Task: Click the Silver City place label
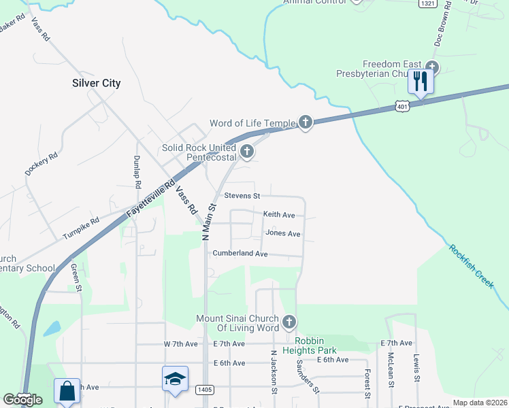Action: pyautogui.click(x=96, y=83)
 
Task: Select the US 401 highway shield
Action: pyautogui.click(x=403, y=106)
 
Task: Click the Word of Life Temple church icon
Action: pyautogui.click(x=305, y=122)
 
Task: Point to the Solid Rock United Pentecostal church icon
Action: pyautogui.click(x=246, y=151)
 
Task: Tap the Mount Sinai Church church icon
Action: pyautogui.click(x=289, y=321)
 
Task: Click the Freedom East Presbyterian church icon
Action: pyautogui.click(x=432, y=68)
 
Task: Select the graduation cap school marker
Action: pyautogui.click(x=175, y=379)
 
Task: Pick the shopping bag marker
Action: pyautogui.click(x=67, y=391)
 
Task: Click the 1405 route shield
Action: pyautogui.click(x=203, y=389)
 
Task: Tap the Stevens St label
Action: pyautogui.click(x=242, y=196)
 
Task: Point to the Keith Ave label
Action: pyautogui.click(x=279, y=215)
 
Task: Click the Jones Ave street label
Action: pyautogui.click(x=282, y=233)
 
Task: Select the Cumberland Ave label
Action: pyautogui.click(x=240, y=253)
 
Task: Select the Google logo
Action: pyautogui.click(x=22, y=400)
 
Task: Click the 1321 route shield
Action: pyautogui.click(x=427, y=3)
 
